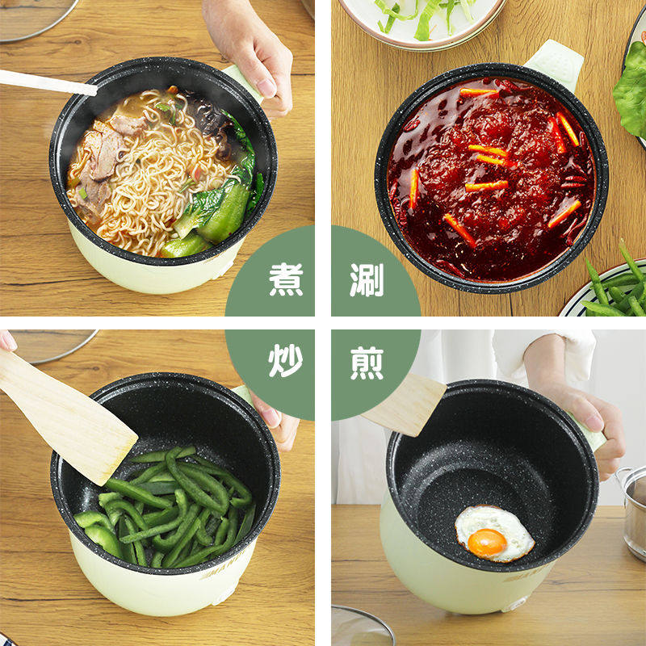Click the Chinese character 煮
(x=286, y=279)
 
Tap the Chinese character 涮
(x=367, y=279)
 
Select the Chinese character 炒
(x=286, y=361)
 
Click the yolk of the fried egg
(x=487, y=543)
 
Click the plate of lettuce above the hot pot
(x=420, y=20)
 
